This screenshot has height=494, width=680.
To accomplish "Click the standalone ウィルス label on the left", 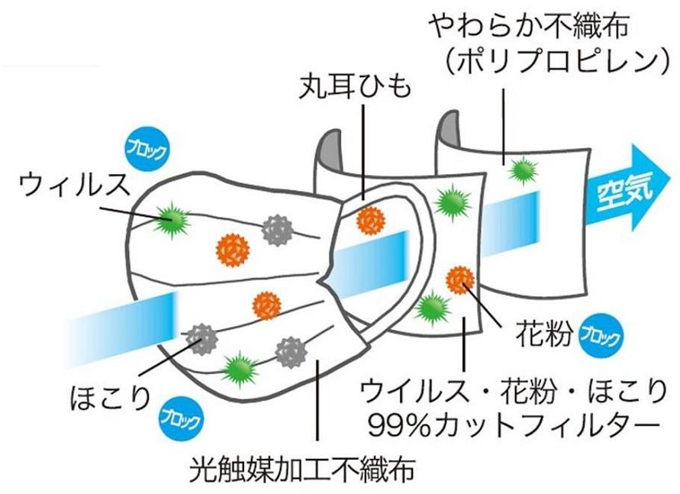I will tap(75, 184).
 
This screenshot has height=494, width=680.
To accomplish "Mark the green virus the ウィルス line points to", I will tap(175, 219).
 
